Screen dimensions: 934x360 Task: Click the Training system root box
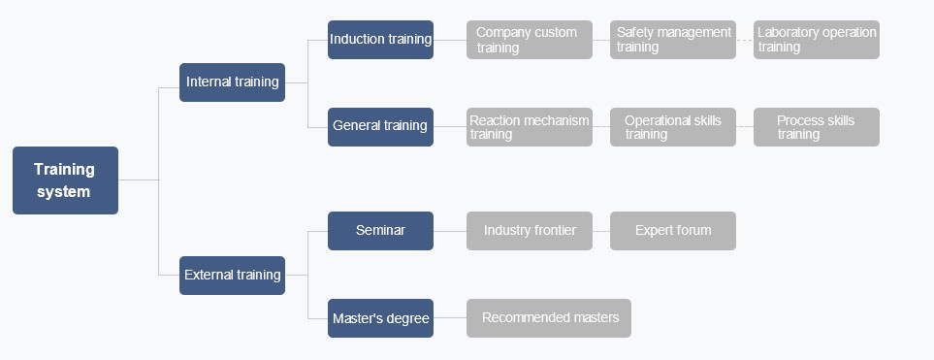[x=66, y=180]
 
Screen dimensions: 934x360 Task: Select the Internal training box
[x=233, y=82]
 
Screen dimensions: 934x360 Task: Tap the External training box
[x=233, y=276]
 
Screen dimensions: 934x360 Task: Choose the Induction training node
[x=380, y=40]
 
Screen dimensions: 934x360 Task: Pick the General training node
[x=380, y=127]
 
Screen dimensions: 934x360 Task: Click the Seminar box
[x=380, y=231]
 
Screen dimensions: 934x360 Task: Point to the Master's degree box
[x=380, y=318]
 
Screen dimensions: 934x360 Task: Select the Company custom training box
[x=530, y=40]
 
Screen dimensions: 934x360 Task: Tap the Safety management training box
[x=673, y=40]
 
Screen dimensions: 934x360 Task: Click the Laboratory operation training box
[x=817, y=40]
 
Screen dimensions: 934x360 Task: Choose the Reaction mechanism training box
[x=530, y=127]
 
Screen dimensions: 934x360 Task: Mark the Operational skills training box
[x=673, y=127]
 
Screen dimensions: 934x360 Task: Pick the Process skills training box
[x=817, y=127]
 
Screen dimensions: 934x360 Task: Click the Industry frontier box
[x=530, y=231]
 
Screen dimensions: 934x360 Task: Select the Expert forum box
[x=673, y=231]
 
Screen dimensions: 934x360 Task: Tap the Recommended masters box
[x=549, y=318]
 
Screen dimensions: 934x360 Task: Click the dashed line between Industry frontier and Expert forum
[x=601, y=231]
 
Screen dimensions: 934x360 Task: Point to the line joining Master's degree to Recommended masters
[x=450, y=318]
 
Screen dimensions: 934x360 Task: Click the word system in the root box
[x=64, y=192]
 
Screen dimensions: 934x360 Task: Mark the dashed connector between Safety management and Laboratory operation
[x=745, y=40]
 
